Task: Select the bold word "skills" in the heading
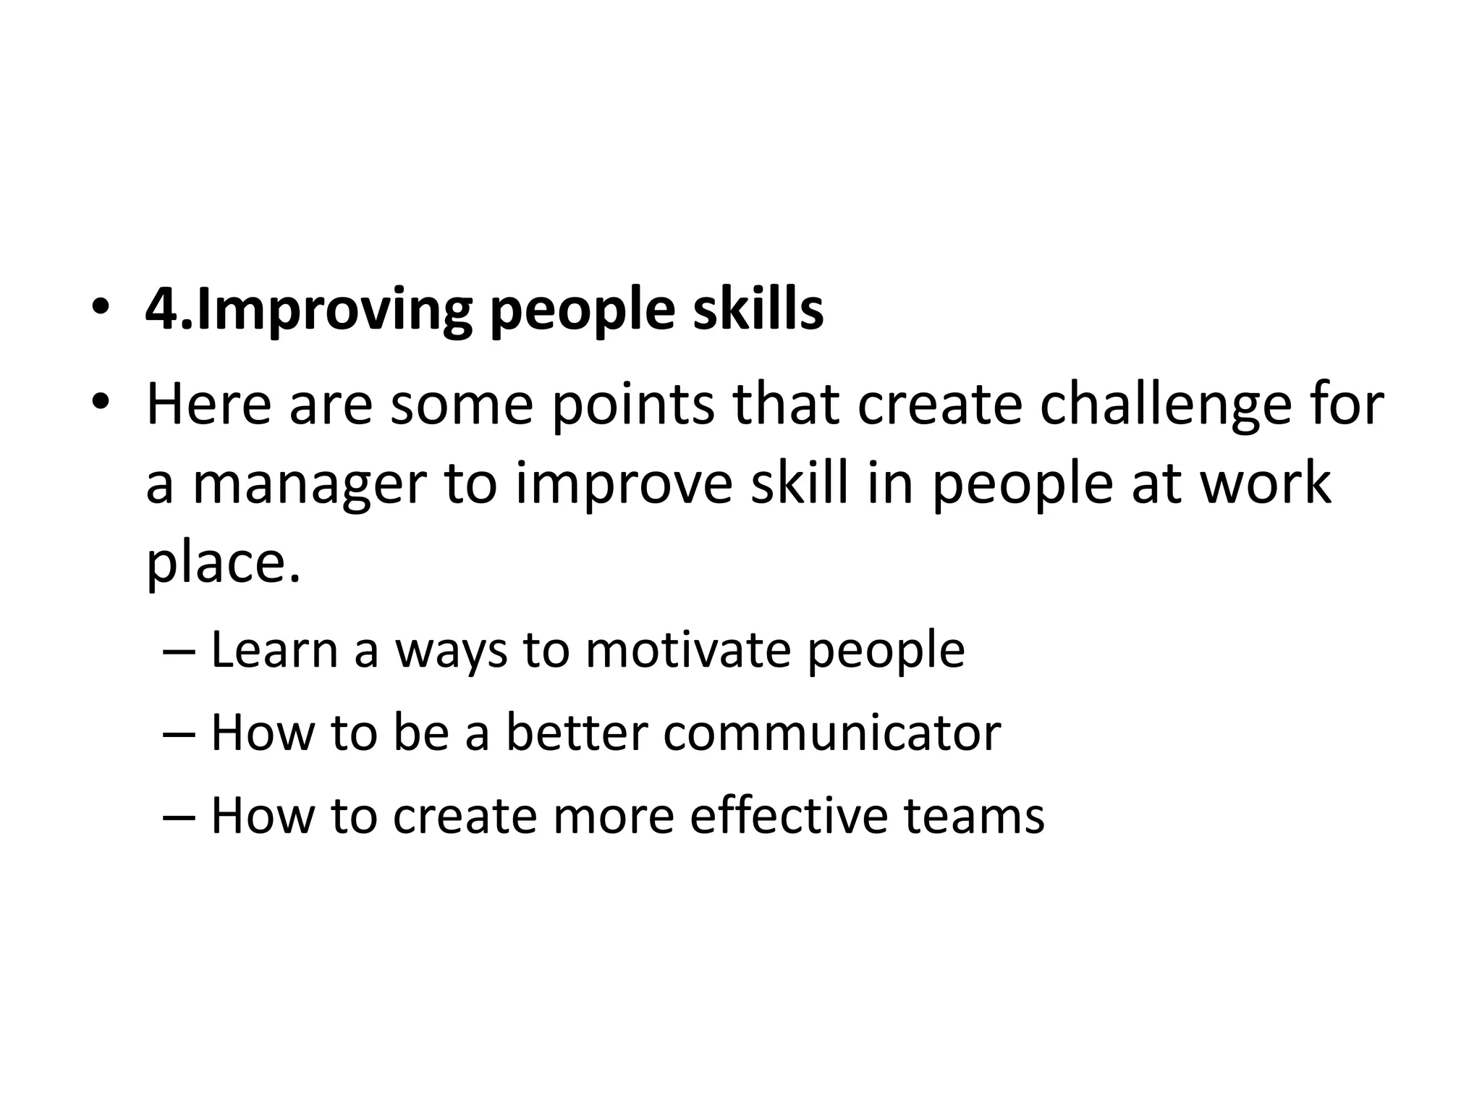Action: pos(758,309)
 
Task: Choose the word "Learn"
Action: pos(274,649)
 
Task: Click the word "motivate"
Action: pos(687,649)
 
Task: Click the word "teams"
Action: pos(974,814)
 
